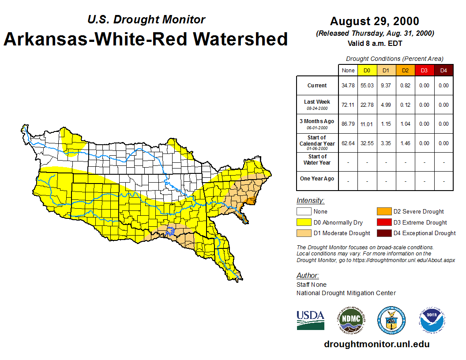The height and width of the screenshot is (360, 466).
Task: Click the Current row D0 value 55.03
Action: pos(367,86)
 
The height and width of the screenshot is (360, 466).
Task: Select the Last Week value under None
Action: pos(348,105)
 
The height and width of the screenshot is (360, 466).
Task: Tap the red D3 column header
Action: pos(424,71)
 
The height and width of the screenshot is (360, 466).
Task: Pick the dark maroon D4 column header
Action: pos(443,71)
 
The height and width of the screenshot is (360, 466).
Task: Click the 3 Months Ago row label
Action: pos(317,124)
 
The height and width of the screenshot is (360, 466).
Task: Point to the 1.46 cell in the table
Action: pos(405,143)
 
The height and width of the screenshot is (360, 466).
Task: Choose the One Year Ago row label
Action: pos(317,179)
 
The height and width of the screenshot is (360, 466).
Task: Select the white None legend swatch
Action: pos(304,212)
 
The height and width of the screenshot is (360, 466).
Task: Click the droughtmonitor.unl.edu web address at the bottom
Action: pos(376,344)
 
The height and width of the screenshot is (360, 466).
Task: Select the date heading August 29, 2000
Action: pos(375,21)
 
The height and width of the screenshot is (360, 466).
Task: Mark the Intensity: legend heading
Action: pos(310,201)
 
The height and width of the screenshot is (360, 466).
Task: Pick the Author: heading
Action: pos(308,276)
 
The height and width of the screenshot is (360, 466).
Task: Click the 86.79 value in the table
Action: pos(348,124)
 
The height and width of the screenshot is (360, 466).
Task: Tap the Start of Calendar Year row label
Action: pos(317,143)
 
